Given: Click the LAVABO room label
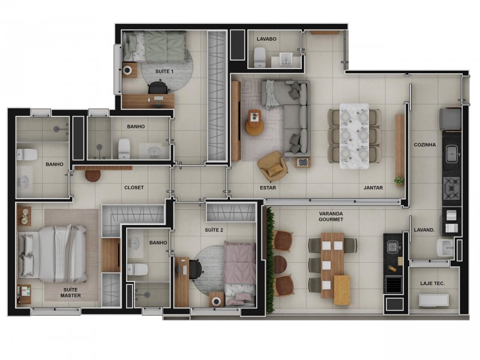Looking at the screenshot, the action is [266, 39].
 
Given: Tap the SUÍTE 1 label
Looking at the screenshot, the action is [164, 71].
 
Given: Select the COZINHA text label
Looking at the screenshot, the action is [425, 145].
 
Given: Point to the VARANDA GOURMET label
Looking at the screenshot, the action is [331, 217].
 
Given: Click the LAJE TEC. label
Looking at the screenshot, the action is [433, 283].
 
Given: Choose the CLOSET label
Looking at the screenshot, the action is [134, 188].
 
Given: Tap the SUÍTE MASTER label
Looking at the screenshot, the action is [70, 293].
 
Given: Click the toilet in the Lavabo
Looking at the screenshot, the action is [260, 57].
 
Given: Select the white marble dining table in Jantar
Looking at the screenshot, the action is [354, 136].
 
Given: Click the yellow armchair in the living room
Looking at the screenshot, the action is [272, 166].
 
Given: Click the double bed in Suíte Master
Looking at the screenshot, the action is [53, 254].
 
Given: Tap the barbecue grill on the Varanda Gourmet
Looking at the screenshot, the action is [394, 284].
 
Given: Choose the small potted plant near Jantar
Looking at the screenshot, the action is [399, 181].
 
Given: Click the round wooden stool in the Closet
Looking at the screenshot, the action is [93, 176].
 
